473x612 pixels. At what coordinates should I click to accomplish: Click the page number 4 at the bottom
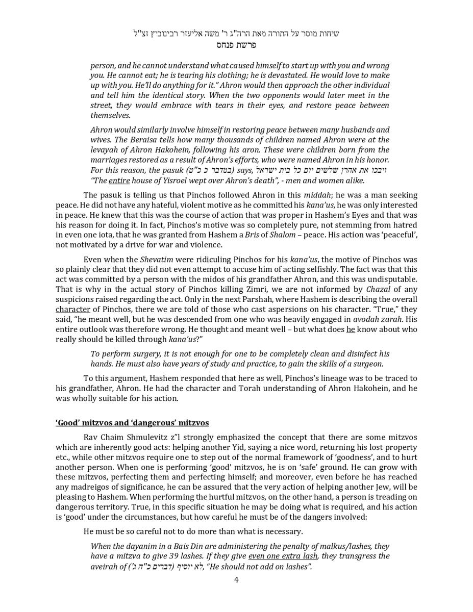click(x=236, y=579)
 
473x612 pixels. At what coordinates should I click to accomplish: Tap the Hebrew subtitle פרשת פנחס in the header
click(x=236, y=45)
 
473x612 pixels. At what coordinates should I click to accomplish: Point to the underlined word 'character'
click(x=73, y=309)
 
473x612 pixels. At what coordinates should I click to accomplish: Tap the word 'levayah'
click(x=105, y=150)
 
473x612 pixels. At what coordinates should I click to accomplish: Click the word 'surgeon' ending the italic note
click(x=367, y=364)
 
